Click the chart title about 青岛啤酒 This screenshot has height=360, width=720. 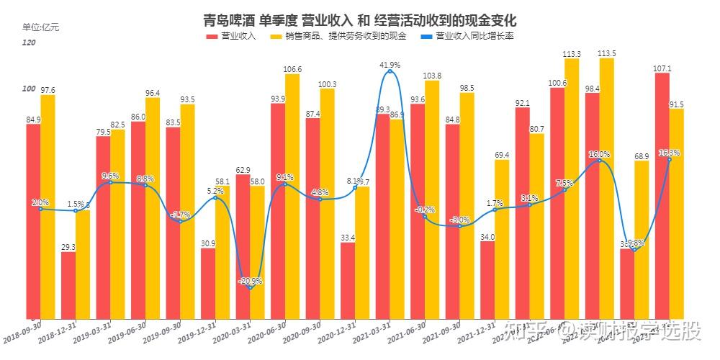[x=360, y=19]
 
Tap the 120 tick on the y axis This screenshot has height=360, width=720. [x=30, y=43]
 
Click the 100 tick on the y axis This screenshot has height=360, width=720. [x=29, y=89]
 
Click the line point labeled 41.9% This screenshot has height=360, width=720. [x=390, y=71]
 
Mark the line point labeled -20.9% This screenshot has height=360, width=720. [x=250, y=287]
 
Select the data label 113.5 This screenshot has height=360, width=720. [x=607, y=53]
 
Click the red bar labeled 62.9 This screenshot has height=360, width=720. [x=243, y=245]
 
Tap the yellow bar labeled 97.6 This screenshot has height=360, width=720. [x=48, y=205]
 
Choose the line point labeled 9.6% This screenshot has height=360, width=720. [x=110, y=182]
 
